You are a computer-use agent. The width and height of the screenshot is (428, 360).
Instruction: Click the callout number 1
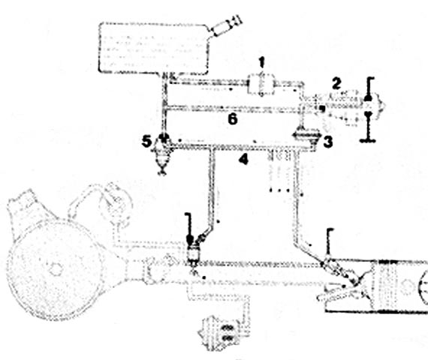tap(262, 62)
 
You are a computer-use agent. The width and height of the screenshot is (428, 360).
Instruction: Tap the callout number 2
tap(336, 83)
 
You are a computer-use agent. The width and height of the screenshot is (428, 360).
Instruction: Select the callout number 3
tap(327, 142)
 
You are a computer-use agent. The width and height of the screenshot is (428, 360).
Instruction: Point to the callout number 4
tap(243, 159)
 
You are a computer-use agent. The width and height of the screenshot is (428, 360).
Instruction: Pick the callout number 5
tap(146, 142)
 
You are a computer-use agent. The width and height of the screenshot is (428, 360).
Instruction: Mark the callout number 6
tap(233, 119)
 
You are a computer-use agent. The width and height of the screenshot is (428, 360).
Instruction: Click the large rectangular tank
tap(154, 48)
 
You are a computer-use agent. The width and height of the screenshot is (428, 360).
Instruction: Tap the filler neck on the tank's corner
tap(225, 26)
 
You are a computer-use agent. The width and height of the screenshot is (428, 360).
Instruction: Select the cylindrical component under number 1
tap(261, 85)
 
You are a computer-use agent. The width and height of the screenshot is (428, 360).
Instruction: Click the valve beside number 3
tap(306, 137)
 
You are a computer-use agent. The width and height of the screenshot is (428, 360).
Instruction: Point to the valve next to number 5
tap(163, 153)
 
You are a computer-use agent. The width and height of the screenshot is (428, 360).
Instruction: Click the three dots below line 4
tap(279, 190)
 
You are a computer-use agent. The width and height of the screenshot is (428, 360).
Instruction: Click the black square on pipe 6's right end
tap(322, 109)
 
